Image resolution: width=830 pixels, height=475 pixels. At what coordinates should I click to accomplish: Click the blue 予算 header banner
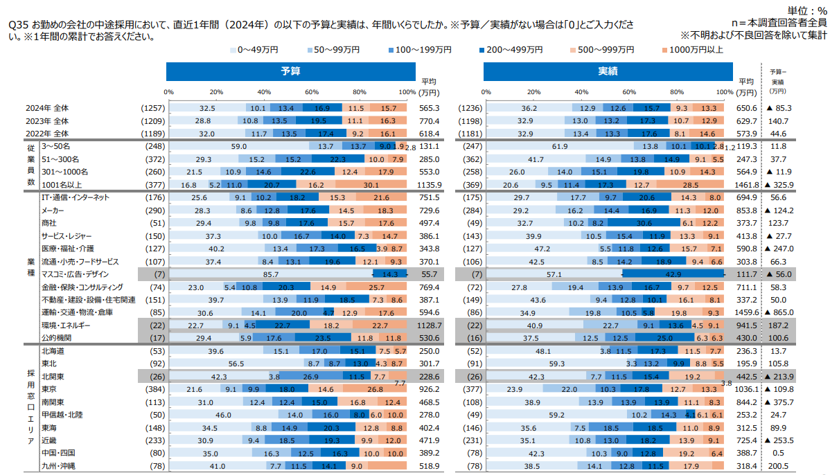point(291,71)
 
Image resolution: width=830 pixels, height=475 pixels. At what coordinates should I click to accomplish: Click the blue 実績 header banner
point(608,71)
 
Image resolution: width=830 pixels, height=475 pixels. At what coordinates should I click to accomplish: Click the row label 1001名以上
point(62,185)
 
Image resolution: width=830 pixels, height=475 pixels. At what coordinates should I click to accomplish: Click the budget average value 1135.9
point(430,185)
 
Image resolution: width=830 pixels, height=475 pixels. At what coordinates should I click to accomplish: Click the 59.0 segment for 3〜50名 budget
point(239,146)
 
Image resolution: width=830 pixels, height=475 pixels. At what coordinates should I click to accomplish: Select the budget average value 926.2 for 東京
point(430,389)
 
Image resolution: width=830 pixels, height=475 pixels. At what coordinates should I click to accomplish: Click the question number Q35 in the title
point(17,24)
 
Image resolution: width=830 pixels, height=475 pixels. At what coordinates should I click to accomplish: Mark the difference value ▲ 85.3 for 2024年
point(779,108)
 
